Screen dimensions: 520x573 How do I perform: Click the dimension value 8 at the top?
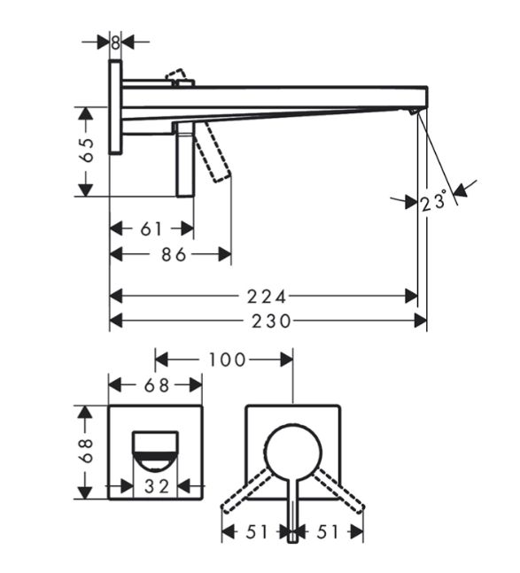coord(115,43)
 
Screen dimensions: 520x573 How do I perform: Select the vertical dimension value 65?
coord(88,151)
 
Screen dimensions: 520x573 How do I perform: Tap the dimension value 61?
coord(151,229)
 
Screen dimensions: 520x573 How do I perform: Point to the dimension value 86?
coord(175,255)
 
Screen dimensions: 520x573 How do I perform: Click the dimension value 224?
coord(266,297)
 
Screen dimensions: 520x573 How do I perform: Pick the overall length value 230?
coord(271,321)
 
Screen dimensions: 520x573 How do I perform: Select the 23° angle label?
coord(433,201)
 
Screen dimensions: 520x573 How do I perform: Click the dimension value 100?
coord(227,360)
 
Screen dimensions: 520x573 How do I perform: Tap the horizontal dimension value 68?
coord(157,385)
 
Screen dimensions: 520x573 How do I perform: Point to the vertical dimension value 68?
coord(88,451)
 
